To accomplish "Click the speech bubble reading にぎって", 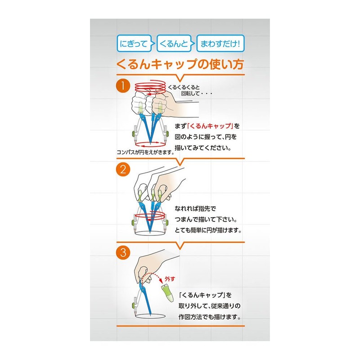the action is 134,43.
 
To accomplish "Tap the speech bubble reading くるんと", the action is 174,43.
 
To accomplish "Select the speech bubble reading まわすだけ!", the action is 220,43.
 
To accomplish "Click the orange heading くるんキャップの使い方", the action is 180,64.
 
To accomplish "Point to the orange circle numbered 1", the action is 123,86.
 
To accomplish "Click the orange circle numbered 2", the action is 123,170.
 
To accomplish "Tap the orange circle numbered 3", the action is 123,252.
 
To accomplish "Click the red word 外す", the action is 170,279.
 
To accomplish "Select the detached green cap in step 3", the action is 167,293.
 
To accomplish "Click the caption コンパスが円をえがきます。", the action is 145,152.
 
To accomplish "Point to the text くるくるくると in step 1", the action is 184,87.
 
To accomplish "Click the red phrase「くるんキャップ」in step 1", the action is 210,126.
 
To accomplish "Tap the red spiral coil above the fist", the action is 150,87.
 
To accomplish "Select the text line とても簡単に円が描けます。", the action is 208,230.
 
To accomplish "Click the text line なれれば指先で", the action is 195,209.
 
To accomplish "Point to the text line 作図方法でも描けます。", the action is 210,317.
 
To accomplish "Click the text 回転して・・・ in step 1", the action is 197,94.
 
